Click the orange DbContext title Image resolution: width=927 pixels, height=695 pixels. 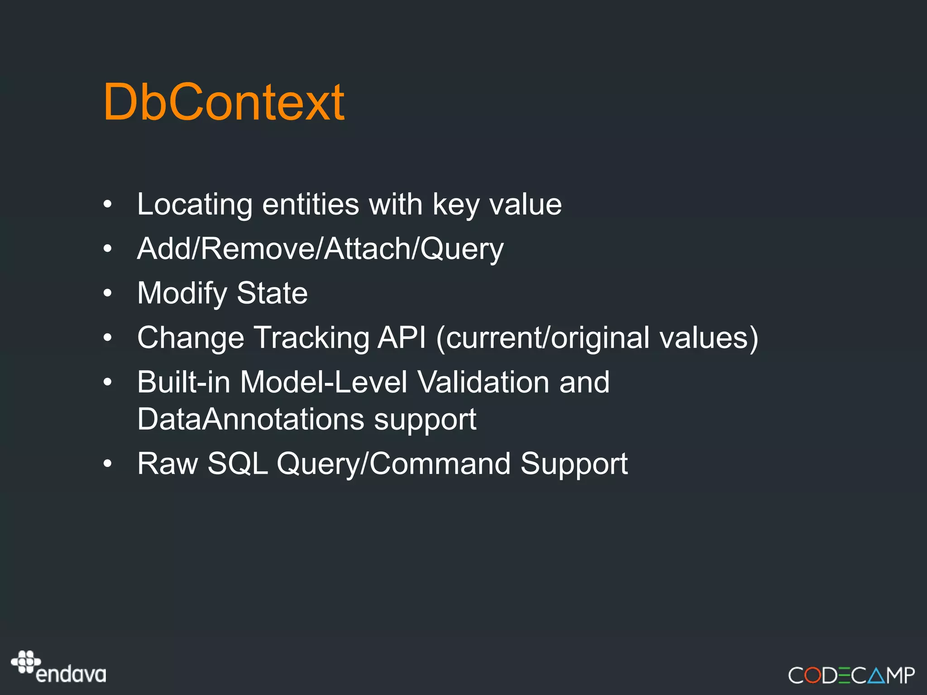click(x=224, y=102)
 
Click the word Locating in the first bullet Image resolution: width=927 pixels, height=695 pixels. click(x=194, y=205)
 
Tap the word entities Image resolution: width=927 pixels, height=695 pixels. click(x=311, y=205)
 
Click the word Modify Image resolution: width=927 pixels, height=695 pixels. click(x=182, y=294)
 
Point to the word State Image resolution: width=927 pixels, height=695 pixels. click(x=272, y=293)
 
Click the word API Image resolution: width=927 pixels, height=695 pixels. click(x=401, y=338)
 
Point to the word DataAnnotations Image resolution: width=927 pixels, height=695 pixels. click(x=250, y=419)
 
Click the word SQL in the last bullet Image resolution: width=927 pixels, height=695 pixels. click(x=237, y=464)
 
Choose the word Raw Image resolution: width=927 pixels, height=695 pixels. click(x=167, y=464)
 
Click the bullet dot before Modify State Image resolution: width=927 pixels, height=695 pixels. click(x=107, y=293)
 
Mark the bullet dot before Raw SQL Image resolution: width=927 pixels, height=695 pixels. click(x=107, y=464)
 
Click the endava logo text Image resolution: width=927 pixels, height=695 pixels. click(x=71, y=675)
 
